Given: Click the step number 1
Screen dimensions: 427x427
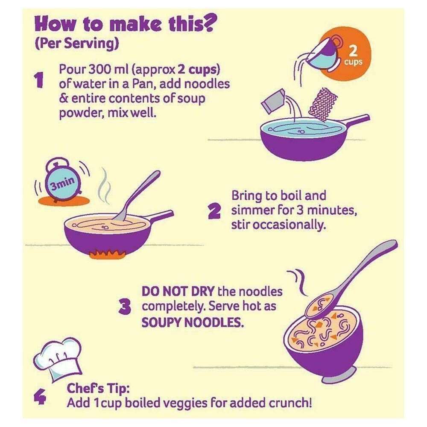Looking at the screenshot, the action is coord(39,81).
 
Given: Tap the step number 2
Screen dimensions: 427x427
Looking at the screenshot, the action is coord(214,212).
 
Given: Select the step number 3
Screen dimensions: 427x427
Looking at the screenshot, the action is coord(125,307).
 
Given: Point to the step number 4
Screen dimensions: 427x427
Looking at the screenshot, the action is coord(40,397).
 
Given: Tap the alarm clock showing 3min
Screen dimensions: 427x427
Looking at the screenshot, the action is coord(63,180).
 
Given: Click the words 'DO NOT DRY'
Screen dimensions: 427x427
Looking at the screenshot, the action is coord(178,292).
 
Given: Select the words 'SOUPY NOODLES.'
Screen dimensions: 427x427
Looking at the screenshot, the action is coord(193,323).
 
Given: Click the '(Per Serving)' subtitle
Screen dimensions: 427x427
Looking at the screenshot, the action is coord(77,44).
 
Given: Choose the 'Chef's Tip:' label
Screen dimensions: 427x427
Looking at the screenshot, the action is coord(98,389).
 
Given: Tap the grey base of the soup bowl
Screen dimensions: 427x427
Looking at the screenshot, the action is coord(339,375).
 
